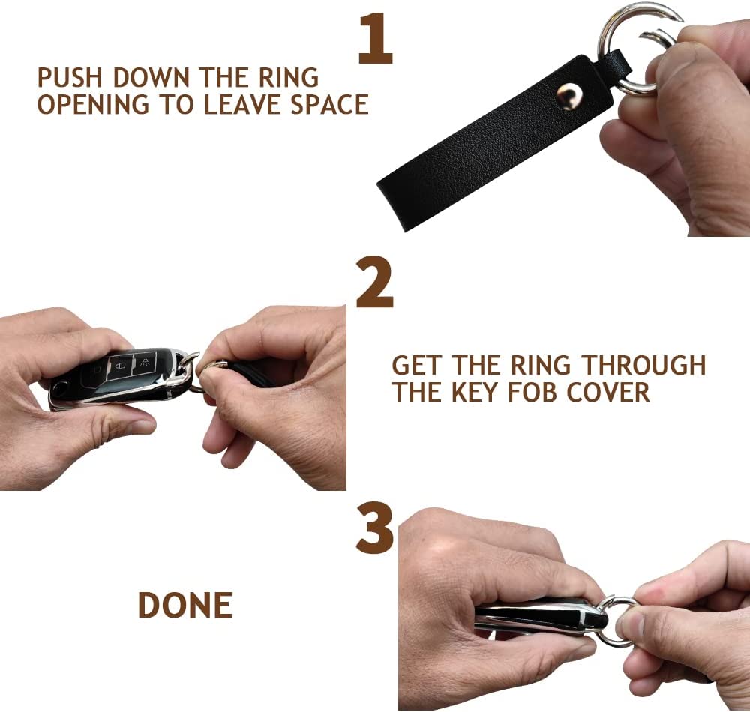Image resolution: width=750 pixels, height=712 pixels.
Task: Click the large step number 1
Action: point(376,38)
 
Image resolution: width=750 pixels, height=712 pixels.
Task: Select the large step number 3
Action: point(374,528)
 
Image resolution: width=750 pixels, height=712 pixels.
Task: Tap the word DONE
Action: point(185,605)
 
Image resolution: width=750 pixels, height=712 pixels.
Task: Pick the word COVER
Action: point(608,392)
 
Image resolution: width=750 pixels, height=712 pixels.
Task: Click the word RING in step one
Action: point(289,78)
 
